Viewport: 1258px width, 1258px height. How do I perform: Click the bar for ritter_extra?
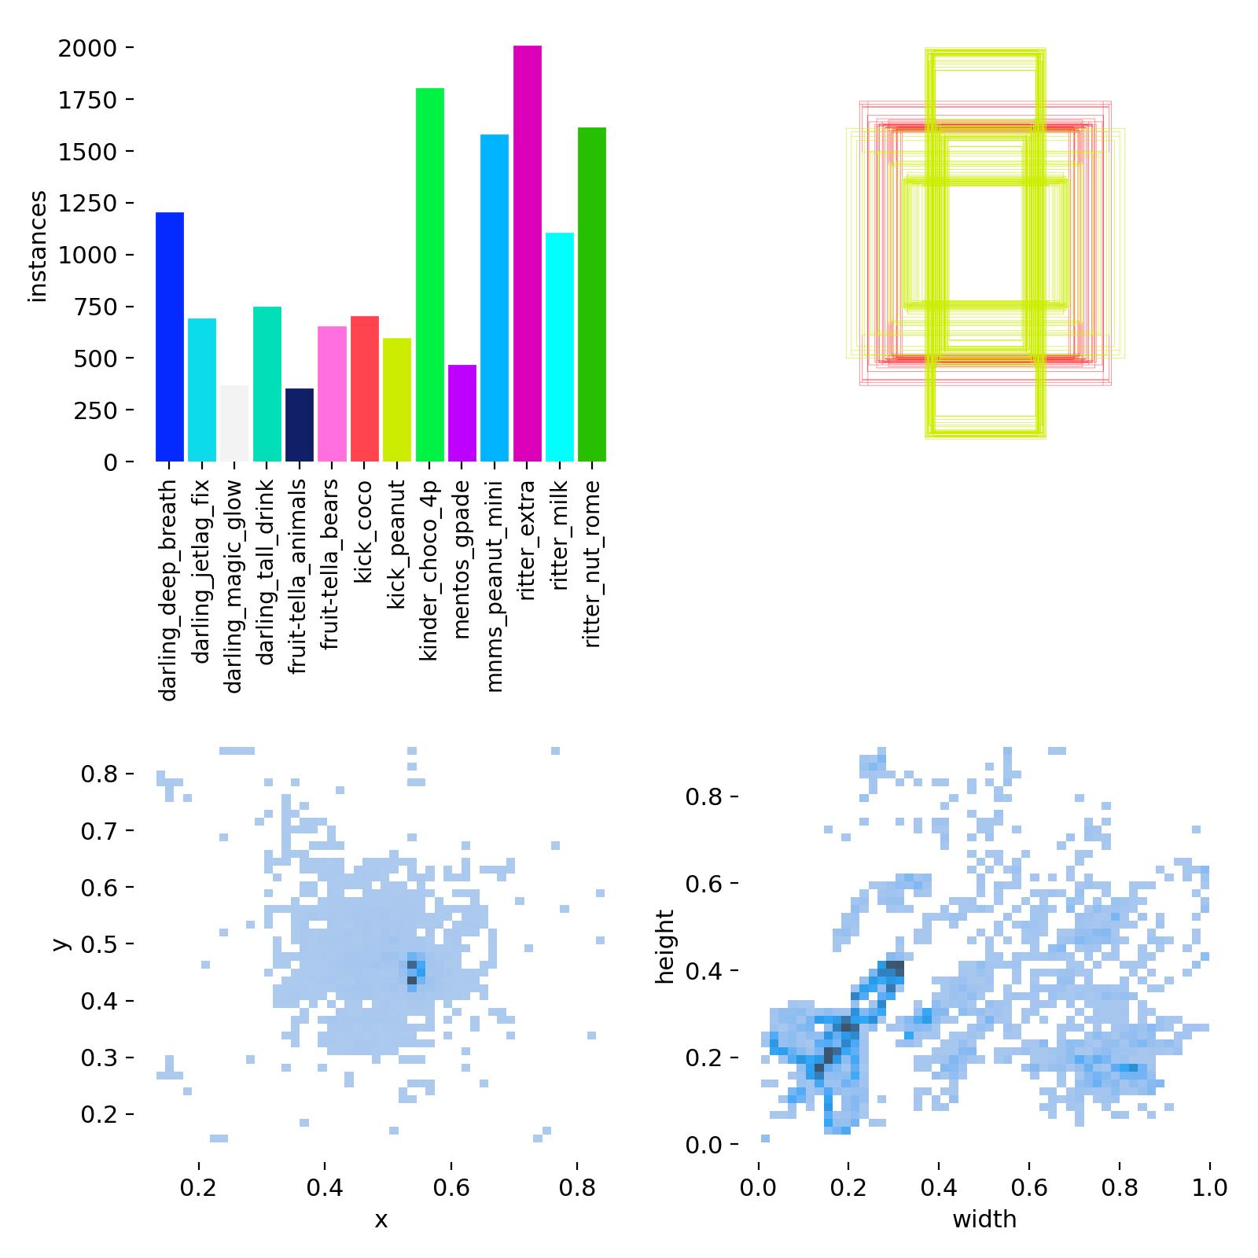coord(527,253)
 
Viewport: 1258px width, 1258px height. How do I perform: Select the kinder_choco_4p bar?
coord(429,274)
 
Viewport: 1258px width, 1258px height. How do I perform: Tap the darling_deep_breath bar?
coord(170,337)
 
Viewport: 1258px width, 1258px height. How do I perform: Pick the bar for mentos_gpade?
coord(462,413)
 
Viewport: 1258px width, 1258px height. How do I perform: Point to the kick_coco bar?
coord(365,388)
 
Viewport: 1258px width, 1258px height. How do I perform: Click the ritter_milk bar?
coord(560,347)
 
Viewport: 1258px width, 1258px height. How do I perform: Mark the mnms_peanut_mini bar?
coord(495,298)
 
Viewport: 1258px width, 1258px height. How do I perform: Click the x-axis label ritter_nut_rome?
coord(592,564)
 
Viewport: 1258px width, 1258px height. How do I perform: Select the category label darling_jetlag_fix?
coord(202,572)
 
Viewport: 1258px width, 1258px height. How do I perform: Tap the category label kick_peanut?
coord(397,544)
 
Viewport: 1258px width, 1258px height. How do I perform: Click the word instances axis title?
coord(37,247)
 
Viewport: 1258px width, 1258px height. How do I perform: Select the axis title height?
coord(666,947)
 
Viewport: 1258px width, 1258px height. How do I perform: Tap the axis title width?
coord(984,1219)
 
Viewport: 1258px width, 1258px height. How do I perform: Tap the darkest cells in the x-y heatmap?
coord(411,972)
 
